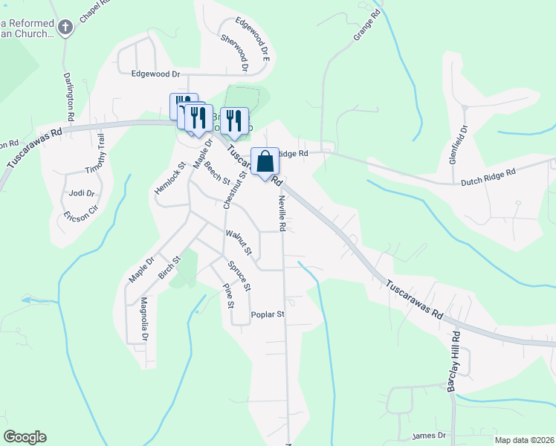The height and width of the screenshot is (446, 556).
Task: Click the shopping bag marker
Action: (x=265, y=161)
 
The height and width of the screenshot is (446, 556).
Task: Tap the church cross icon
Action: (x=65, y=28)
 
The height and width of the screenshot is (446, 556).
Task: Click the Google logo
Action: (x=25, y=437)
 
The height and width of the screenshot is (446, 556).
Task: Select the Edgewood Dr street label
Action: (x=156, y=74)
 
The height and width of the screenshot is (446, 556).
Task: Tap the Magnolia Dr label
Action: (x=144, y=319)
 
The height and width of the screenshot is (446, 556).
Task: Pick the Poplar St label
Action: (x=268, y=314)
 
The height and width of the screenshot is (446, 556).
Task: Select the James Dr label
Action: (x=429, y=435)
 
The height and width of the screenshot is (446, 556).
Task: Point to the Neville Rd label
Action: (x=282, y=213)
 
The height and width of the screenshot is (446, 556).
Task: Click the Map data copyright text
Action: (x=524, y=440)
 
